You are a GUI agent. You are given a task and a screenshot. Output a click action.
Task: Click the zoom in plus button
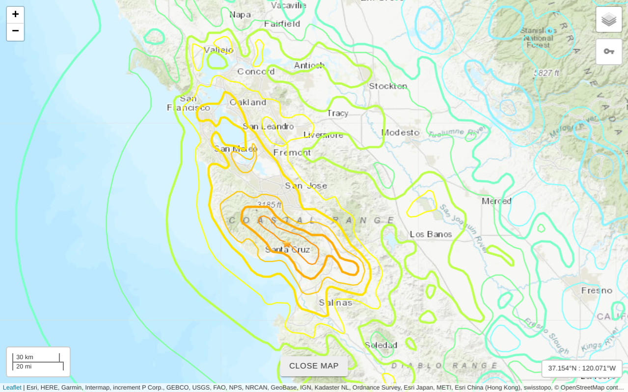click(x=15, y=15)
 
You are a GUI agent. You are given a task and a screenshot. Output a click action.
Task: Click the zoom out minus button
click(x=15, y=31)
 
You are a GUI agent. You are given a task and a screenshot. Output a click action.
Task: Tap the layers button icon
click(x=609, y=20)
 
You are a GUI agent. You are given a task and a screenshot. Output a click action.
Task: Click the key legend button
click(x=609, y=51)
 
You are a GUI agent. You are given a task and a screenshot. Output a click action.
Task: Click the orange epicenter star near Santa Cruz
click(x=287, y=244)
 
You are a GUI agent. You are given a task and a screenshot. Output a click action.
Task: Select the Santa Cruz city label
click(x=288, y=250)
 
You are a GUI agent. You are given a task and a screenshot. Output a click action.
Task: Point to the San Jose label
click(x=306, y=186)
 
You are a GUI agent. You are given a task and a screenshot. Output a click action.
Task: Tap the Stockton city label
click(x=388, y=86)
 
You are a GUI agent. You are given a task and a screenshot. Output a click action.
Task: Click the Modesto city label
click(x=401, y=132)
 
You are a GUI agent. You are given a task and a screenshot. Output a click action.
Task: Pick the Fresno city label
click(x=597, y=291)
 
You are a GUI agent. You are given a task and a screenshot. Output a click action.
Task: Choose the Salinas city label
click(x=336, y=303)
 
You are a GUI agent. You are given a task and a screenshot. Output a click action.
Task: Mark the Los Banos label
click(x=431, y=234)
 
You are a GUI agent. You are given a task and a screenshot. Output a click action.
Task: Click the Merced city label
click(x=496, y=201)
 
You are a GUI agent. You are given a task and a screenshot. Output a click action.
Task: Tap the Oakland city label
click(x=248, y=102)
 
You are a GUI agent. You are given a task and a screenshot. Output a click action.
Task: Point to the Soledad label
click(x=381, y=345)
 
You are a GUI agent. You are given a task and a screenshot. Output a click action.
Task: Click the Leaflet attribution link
click(x=12, y=388)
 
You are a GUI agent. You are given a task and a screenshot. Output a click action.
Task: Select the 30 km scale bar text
click(x=25, y=357)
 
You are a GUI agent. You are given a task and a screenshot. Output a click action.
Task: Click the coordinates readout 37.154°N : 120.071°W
click(x=582, y=368)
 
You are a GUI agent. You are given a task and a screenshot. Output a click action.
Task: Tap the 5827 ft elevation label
click(x=546, y=73)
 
